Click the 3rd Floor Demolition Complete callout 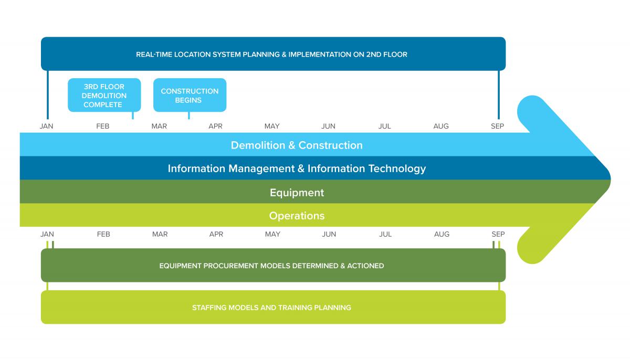[x=104, y=95]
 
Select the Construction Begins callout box [x=190, y=95]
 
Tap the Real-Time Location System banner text [x=272, y=54]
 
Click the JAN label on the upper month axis [x=46, y=126]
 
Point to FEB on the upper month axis [x=103, y=126]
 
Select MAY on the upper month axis [x=272, y=126]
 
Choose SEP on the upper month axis [x=498, y=126]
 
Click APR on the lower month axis [x=216, y=234]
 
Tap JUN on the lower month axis [x=329, y=234]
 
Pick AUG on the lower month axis [x=442, y=234]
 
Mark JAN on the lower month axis [x=47, y=234]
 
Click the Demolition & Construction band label [x=297, y=145]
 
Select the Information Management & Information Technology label [x=297, y=168]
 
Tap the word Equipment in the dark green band [x=297, y=193]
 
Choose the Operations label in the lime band [x=297, y=216]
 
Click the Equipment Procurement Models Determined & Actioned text [x=272, y=266]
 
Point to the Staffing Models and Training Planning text [x=272, y=308]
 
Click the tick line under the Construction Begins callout [x=189, y=115]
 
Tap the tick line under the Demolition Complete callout [x=133, y=115]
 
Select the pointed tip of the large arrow [x=610, y=179]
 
